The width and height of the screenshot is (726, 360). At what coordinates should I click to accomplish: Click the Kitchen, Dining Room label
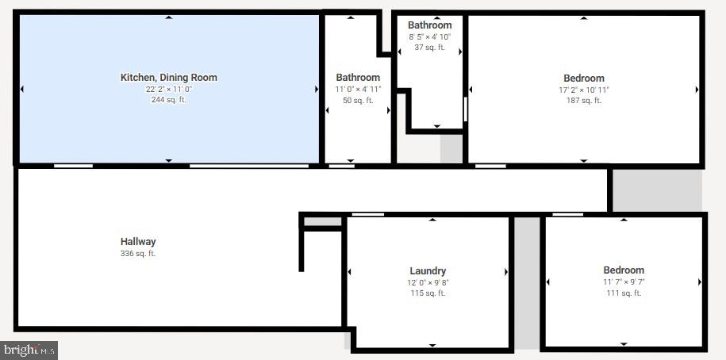pyautogui.click(x=168, y=77)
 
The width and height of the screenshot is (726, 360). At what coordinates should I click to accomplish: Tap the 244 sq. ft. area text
pyautogui.click(x=168, y=99)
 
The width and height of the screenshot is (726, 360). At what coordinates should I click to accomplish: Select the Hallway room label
pyautogui.click(x=138, y=242)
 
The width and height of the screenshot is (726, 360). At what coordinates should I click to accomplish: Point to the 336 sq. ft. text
pyautogui.click(x=138, y=254)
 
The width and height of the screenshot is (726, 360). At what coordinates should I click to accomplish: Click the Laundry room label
pyautogui.click(x=428, y=271)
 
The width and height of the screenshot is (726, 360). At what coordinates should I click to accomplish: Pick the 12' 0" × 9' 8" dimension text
pyautogui.click(x=428, y=282)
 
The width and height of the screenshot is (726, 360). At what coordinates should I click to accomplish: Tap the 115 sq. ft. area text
pyautogui.click(x=428, y=293)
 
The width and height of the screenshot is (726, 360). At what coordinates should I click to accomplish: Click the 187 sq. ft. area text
pyautogui.click(x=584, y=101)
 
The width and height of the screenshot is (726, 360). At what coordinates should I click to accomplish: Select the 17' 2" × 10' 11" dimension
pyautogui.click(x=584, y=90)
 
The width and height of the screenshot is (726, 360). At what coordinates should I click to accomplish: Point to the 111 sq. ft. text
pyautogui.click(x=624, y=293)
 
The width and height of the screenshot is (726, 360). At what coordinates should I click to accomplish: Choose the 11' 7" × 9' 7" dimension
pyautogui.click(x=624, y=281)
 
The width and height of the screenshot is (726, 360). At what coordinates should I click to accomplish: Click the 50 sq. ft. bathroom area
pyautogui.click(x=358, y=100)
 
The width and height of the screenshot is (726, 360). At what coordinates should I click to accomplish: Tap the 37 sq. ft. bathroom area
pyautogui.click(x=430, y=48)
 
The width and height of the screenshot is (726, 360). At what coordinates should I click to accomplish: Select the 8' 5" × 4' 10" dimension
pyautogui.click(x=430, y=36)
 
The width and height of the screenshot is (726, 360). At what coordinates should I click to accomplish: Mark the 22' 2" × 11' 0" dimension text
pyautogui.click(x=168, y=90)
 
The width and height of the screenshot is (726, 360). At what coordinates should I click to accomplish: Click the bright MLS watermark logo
pyautogui.click(x=29, y=350)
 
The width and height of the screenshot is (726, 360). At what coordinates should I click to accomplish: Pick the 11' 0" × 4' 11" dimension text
pyautogui.click(x=358, y=90)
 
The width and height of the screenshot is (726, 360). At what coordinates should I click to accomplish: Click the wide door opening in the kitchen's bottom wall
pyautogui.click(x=249, y=166)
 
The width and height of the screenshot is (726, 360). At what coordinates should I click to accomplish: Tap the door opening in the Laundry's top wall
pyautogui.click(x=368, y=214)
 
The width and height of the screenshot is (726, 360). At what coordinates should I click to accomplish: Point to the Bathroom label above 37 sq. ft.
pyautogui.click(x=430, y=25)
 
